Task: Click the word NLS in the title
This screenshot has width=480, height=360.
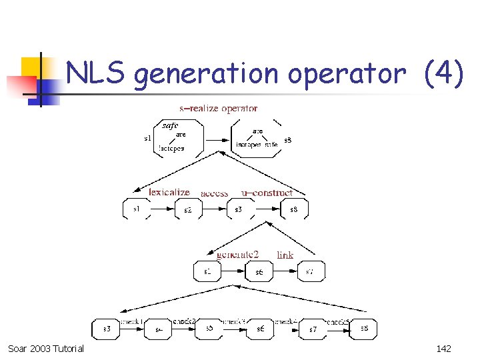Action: (x=95, y=73)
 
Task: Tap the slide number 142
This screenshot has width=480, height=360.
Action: (x=443, y=349)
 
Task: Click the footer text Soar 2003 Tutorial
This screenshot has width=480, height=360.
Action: (x=46, y=349)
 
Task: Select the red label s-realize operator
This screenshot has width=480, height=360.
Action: (x=218, y=108)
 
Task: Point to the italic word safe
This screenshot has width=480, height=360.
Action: (x=171, y=125)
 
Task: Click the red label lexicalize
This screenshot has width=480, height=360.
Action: (x=169, y=192)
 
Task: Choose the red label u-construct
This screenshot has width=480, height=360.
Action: (x=267, y=193)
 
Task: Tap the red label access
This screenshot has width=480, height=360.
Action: (x=214, y=193)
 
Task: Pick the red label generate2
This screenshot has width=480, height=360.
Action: (x=237, y=255)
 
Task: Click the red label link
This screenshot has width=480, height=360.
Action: (x=285, y=255)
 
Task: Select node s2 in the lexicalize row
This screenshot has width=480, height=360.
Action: (x=188, y=209)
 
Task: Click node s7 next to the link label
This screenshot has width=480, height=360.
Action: (x=310, y=271)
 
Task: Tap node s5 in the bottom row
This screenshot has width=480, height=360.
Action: (x=209, y=329)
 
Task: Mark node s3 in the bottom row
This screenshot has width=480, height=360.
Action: (x=107, y=329)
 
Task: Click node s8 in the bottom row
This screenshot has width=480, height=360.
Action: (x=364, y=328)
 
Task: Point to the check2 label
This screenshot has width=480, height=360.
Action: (x=183, y=321)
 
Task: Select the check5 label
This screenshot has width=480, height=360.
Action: (x=337, y=321)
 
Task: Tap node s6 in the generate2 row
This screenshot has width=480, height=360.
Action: (x=259, y=271)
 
